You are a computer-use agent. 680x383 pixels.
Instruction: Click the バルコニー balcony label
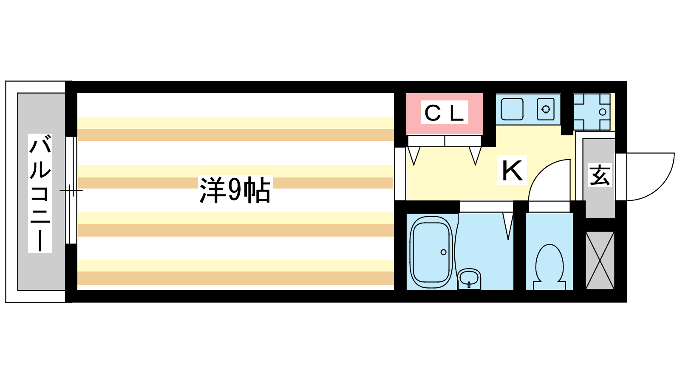point(40,194)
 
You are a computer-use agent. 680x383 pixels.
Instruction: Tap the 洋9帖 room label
point(235,190)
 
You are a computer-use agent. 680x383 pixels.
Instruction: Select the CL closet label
point(444,112)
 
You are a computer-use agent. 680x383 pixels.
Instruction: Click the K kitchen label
point(512,170)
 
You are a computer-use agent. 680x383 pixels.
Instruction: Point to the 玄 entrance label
point(600,175)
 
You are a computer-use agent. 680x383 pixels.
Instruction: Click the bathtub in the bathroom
point(431,253)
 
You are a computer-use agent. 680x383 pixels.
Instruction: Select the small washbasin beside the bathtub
point(469,278)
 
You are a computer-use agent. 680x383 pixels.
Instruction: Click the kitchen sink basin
point(512,109)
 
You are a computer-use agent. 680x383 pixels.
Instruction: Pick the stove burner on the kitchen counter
point(546,109)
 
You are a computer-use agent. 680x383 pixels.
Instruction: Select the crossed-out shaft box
point(600,260)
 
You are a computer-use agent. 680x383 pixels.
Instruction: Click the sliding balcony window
point(71,190)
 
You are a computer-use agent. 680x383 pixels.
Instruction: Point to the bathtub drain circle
point(444,252)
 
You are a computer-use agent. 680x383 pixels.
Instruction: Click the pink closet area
point(445,114)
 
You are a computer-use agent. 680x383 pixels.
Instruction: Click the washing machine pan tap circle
point(603,112)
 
